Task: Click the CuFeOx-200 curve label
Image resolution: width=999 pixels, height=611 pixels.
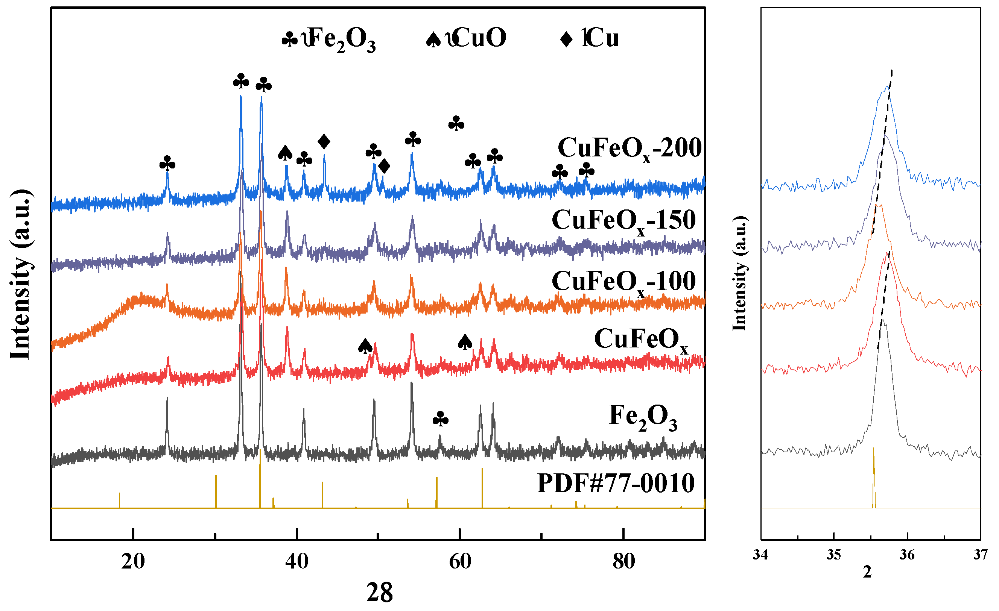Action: (x=629, y=148)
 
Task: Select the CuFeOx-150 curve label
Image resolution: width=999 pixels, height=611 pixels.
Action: (x=623, y=221)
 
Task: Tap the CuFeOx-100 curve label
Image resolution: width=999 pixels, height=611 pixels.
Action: (x=623, y=282)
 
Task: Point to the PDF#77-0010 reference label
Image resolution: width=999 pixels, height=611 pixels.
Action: (x=616, y=484)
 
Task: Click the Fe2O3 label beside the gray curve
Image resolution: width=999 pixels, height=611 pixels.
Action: (x=643, y=417)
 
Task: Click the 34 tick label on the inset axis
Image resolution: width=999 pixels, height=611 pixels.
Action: (x=760, y=555)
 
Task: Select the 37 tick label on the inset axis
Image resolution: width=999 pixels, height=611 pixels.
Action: (x=980, y=555)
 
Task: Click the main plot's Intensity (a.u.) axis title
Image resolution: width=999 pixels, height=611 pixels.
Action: (x=20, y=274)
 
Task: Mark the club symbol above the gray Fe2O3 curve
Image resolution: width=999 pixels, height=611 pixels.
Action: (x=440, y=419)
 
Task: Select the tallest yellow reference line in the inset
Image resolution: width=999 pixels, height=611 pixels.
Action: (x=874, y=478)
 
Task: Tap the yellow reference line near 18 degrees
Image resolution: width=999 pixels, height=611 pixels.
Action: (x=119, y=500)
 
